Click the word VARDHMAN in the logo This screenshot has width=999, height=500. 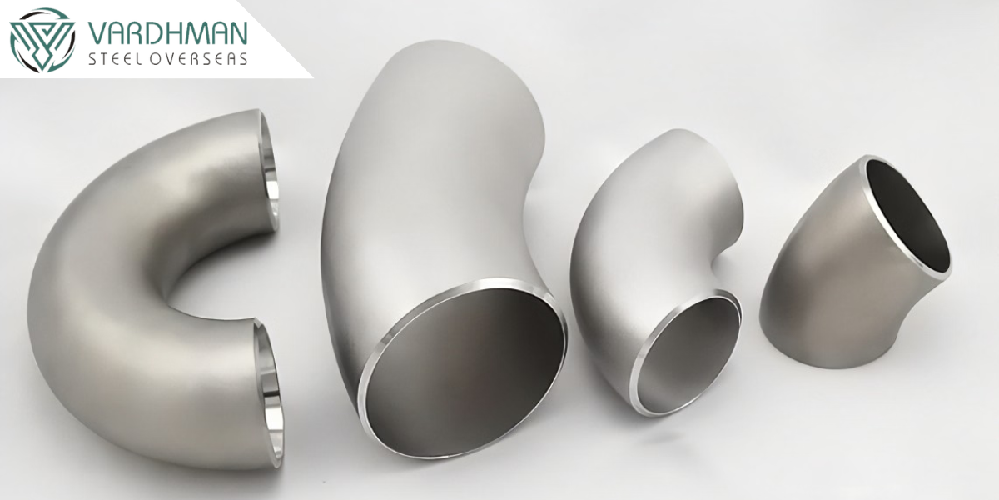[x=167, y=33]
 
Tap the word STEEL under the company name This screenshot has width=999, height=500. [x=114, y=59]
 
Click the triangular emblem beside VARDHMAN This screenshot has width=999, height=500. [x=42, y=40]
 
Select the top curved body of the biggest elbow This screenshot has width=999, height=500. [x=437, y=147]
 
